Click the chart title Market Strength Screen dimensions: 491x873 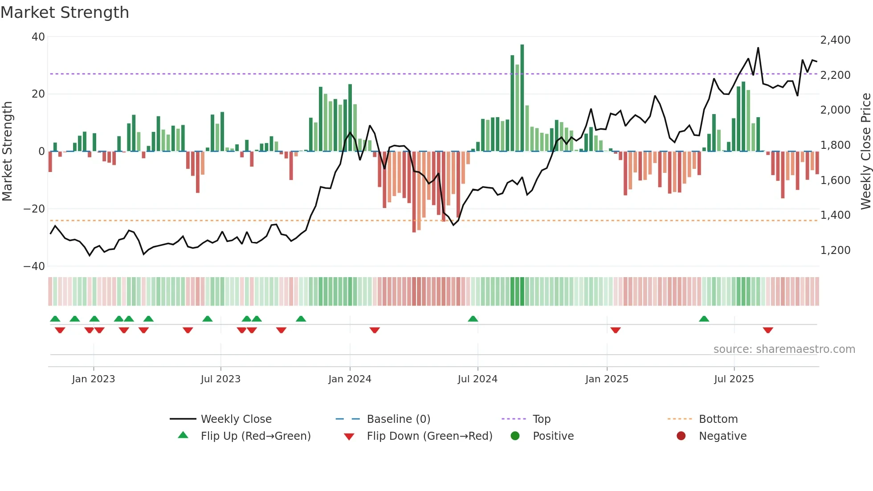tap(65, 12)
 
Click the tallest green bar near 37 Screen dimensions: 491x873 tap(522, 98)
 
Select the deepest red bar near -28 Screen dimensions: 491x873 tap(414, 192)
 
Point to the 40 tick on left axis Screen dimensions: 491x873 tap(38, 37)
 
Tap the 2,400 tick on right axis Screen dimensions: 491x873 tap(835, 40)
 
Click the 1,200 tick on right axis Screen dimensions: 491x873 tap(835, 250)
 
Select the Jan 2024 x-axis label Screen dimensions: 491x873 tap(350, 379)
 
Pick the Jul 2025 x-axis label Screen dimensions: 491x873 tap(734, 379)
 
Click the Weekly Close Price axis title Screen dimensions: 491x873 tap(865, 151)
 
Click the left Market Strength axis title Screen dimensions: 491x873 tap(7, 151)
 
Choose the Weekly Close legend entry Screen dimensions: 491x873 tap(236, 419)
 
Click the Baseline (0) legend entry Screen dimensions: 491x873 tap(398, 419)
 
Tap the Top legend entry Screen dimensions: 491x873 tap(541, 419)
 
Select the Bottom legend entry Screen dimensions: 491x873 tap(718, 419)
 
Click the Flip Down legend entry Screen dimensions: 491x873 tap(429, 436)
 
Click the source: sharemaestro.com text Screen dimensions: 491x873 tap(784, 349)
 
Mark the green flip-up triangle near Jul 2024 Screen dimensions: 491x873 tap(473, 319)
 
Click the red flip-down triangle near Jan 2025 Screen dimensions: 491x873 tap(616, 330)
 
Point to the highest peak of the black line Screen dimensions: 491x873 tap(758, 48)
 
